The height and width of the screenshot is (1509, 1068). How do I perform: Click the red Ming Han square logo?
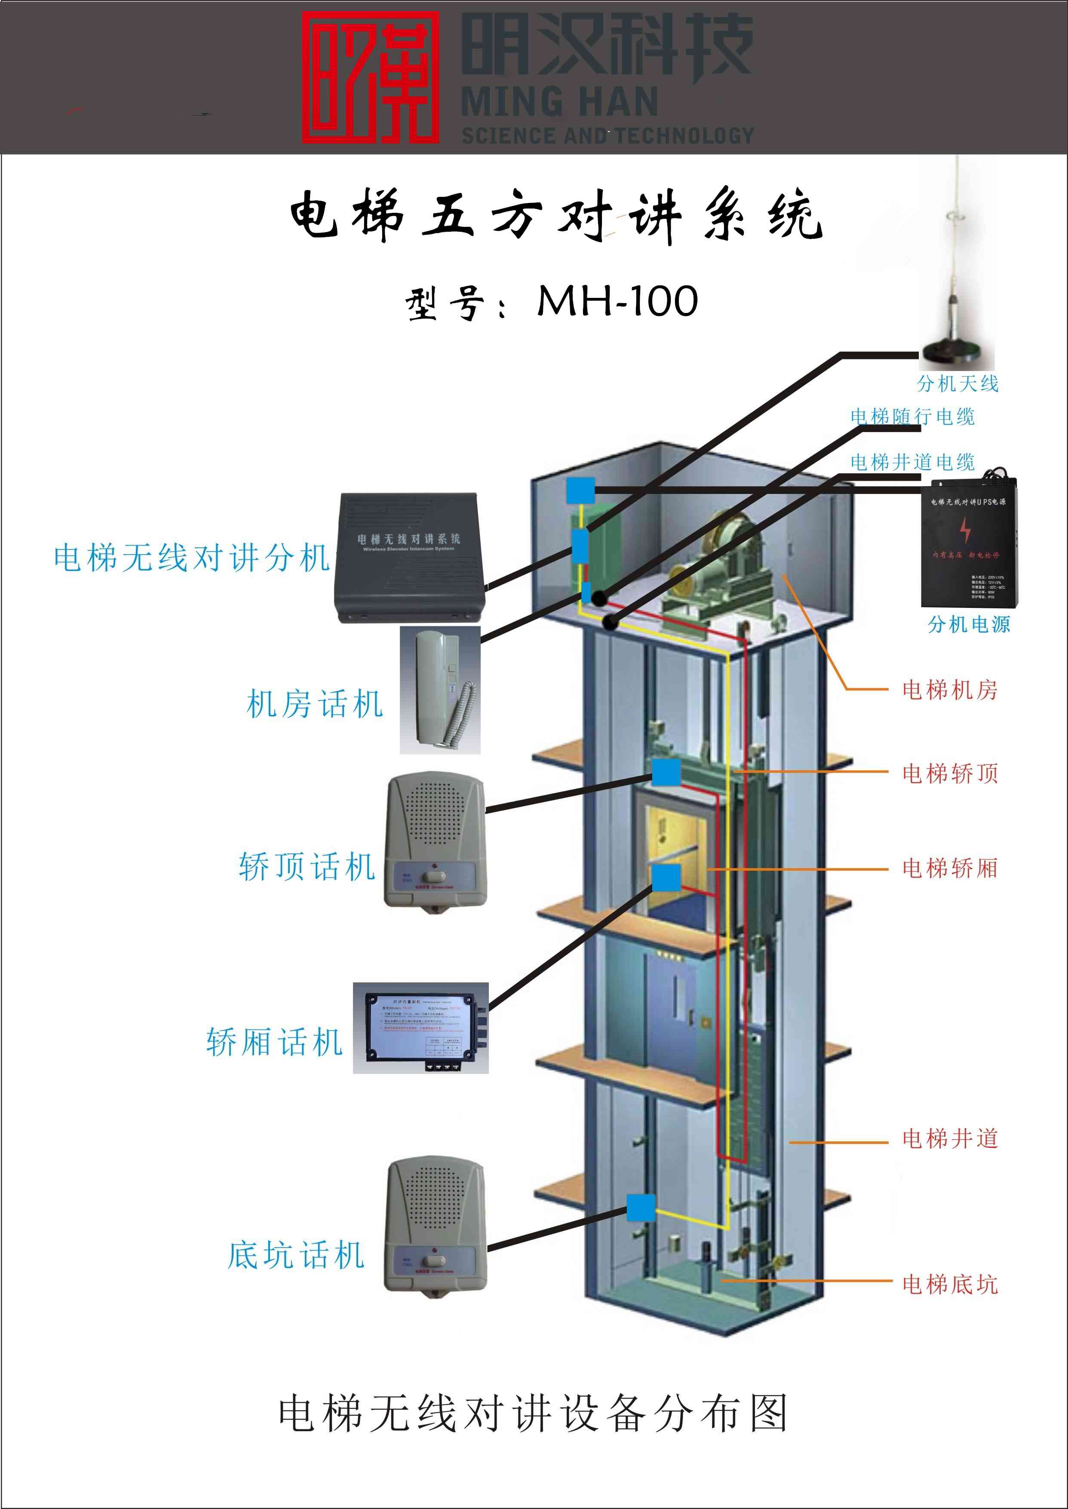tap(370, 77)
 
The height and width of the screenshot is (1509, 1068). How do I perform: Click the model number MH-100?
tap(617, 302)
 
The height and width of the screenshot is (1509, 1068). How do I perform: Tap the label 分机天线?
tap(958, 383)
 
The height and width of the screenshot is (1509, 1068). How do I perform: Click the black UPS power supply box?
tap(970, 543)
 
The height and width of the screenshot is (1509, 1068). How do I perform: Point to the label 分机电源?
tap(969, 624)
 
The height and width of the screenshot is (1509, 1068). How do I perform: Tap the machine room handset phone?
tap(440, 690)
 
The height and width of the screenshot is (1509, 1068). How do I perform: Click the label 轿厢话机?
tap(275, 1042)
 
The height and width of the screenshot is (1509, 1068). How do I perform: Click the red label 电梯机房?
tap(950, 690)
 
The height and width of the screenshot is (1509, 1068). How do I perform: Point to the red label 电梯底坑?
tap(950, 1284)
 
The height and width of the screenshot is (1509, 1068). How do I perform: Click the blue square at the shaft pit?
tap(641, 1208)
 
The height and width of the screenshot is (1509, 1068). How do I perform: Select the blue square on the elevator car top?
tap(666, 773)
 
